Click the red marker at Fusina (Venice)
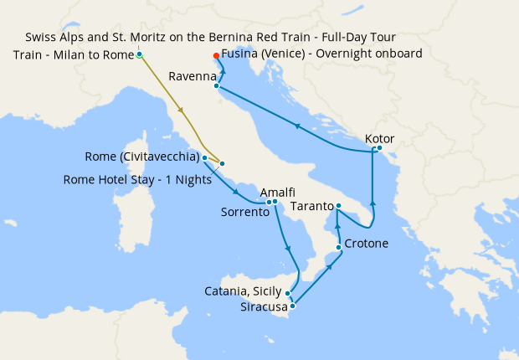tap(216, 55)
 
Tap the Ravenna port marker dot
tap(216, 85)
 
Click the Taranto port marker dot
tap(339, 206)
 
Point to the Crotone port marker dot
tap(338, 247)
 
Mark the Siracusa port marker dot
tap(292, 306)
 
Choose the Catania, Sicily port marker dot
tap(288, 293)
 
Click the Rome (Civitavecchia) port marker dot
tap(204, 157)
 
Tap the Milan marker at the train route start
tap(139, 55)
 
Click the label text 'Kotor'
tap(379, 138)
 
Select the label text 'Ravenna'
tap(192, 76)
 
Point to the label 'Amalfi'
tap(277, 192)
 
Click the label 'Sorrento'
tap(244, 213)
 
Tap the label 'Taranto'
tap(311, 204)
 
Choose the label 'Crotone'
tap(366, 244)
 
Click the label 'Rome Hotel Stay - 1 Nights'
tap(137, 179)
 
